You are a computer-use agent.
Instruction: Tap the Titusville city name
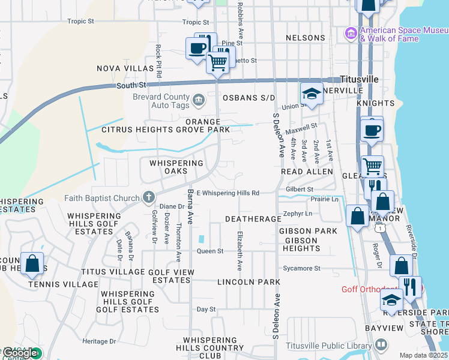359,79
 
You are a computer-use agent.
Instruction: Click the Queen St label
210,251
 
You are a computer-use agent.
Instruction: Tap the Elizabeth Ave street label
240,250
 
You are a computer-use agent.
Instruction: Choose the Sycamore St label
303,268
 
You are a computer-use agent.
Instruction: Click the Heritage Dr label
99,341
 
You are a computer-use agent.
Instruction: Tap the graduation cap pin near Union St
312,94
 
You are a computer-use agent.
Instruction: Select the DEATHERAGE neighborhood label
253,219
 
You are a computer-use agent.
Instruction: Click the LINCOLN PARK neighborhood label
249,281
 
